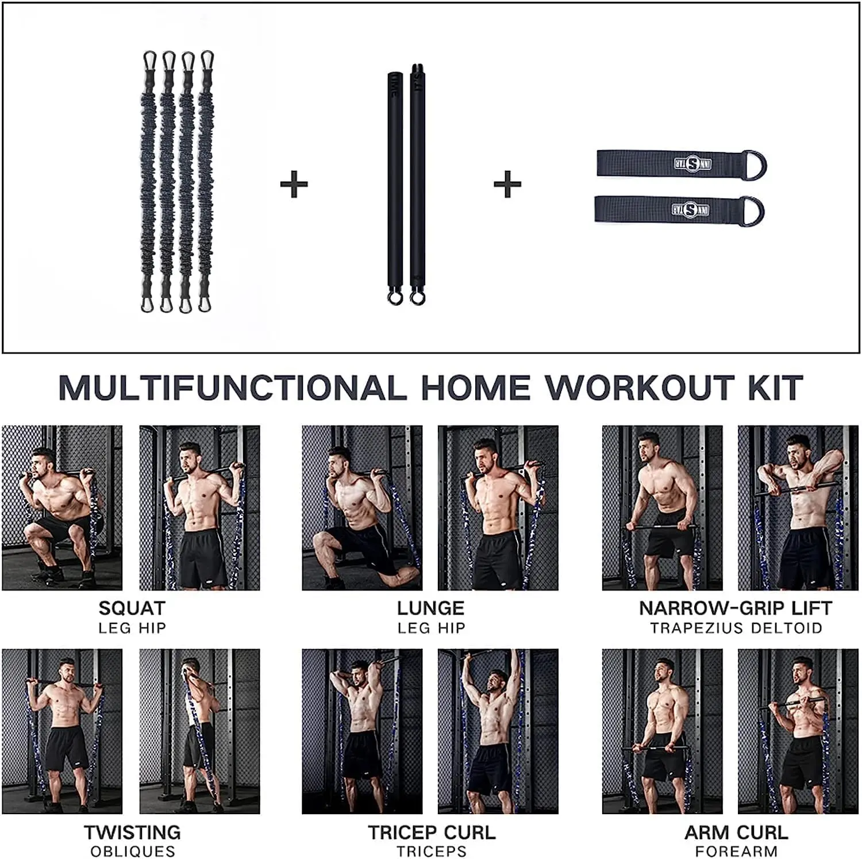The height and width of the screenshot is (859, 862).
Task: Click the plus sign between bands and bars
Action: [x=294, y=185]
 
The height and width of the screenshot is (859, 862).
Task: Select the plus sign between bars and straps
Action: [x=507, y=185]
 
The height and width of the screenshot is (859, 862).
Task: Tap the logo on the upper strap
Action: [x=692, y=164]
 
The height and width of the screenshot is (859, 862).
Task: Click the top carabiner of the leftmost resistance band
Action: [x=149, y=59]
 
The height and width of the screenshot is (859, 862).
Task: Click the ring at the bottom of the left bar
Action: [x=395, y=298]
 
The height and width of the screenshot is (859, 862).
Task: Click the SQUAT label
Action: [x=132, y=608]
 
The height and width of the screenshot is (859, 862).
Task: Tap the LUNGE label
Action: [x=430, y=608]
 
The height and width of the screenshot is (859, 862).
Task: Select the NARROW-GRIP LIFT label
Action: [x=736, y=608]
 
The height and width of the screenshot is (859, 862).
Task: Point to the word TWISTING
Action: [x=132, y=833]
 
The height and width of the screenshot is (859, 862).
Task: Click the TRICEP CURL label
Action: [x=432, y=833]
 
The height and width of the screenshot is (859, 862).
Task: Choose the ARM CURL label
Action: [x=736, y=833]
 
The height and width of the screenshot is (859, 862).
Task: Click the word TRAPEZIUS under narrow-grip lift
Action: [x=698, y=628]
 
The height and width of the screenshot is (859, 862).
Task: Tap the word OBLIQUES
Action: [x=133, y=852]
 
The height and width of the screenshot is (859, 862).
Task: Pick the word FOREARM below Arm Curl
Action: [x=736, y=852]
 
